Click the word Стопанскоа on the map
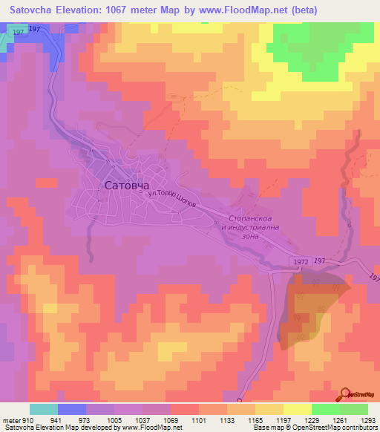244,220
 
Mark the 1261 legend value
339,420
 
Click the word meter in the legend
10,420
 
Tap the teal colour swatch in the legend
43,409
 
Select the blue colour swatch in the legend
71,409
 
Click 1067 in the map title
139,10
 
